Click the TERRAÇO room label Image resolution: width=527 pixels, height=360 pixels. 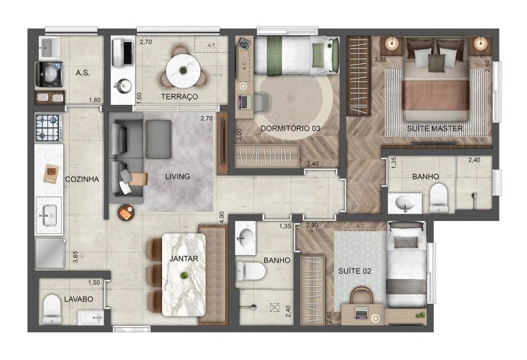click(179, 97)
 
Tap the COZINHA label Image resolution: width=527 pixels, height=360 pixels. click(82, 179)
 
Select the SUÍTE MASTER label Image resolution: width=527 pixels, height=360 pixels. click(435, 129)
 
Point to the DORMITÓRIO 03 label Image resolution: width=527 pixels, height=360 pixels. click(291, 129)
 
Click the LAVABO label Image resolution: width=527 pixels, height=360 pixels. click(78, 299)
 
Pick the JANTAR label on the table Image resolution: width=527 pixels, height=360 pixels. click(184, 258)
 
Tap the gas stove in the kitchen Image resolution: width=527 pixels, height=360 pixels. click(49, 127)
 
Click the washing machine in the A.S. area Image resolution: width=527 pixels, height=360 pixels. click(49, 75)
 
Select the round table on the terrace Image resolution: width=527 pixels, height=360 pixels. click(183, 71)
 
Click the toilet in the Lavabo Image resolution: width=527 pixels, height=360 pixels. click(52, 309)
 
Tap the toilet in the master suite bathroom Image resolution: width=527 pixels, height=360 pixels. click(439, 198)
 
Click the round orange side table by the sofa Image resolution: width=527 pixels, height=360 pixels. click(126, 212)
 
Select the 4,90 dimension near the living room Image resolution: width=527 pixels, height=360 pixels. click(221, 218)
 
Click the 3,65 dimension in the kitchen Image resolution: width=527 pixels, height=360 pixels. click(76, 257)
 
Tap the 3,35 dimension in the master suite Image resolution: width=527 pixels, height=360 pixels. click(380, 60)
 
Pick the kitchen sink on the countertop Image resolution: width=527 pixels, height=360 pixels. click(49, 216)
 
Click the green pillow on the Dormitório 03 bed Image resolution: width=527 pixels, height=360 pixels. click(318, 55)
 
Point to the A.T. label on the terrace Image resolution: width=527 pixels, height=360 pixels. click(211, 45)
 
